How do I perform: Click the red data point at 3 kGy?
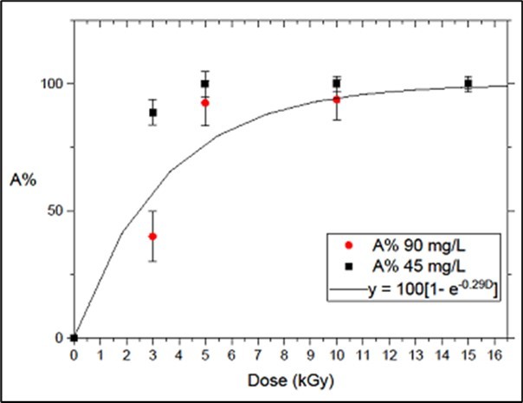point(152,237)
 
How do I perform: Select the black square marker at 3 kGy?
point(152,113)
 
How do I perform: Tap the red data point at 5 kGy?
point(205,102)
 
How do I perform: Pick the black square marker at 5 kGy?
point(205,84)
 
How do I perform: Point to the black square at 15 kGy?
point(468,84)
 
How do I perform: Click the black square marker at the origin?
point(74,337)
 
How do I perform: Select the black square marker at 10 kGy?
point(336,84)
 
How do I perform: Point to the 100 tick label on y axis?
point(52,84)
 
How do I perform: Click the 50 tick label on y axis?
point(55,211)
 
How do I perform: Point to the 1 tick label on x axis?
point(100,354)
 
